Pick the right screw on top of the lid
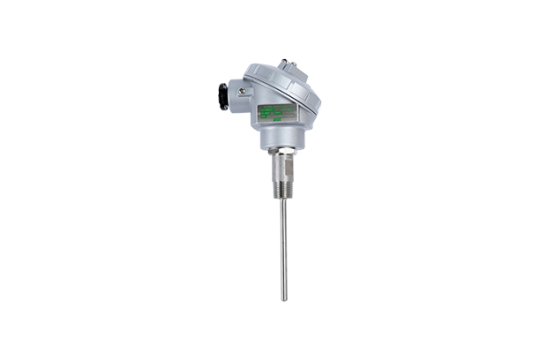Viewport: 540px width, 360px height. point(297,68)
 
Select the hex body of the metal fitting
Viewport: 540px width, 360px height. point(283,162)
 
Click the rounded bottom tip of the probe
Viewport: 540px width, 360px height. point(283,298)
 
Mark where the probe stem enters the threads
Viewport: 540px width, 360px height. point(283,196)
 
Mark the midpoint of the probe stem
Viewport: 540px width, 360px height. point(283,247)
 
